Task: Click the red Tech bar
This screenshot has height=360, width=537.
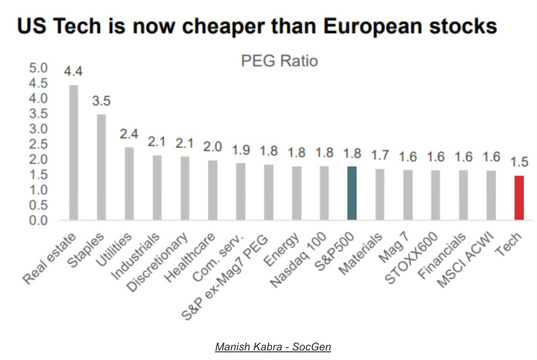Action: [519, 198]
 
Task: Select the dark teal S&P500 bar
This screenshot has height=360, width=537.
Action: [352, 193]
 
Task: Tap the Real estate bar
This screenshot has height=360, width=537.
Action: [73, 152]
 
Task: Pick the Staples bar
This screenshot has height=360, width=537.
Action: [102, 167]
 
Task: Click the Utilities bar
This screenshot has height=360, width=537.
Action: [129, 184]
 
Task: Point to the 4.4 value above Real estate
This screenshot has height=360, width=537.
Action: [73, 72]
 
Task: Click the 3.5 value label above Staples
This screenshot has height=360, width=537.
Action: [102, 101]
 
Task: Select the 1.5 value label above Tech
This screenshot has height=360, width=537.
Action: [519, 162]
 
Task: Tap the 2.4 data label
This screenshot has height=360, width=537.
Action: [129, 134]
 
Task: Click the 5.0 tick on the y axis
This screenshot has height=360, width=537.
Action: [38, 68]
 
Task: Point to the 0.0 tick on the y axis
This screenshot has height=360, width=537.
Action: [38, 221]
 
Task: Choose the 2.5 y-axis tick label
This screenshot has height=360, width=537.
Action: [38, 145]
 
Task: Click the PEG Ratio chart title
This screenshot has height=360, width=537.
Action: [279, 61]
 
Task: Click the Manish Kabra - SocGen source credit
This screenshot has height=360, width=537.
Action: [273, 347]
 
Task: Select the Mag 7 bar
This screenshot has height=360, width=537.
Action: [408, 195]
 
